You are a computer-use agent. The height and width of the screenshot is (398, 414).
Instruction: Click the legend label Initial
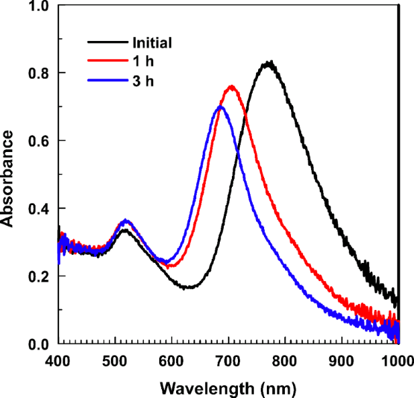tap(151, 44)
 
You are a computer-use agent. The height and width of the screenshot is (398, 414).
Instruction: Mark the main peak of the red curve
tap(231, 87)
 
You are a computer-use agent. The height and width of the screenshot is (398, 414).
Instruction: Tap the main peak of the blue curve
tap(220, 107)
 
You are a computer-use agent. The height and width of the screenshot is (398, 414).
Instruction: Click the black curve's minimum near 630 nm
tap(190, 288)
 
